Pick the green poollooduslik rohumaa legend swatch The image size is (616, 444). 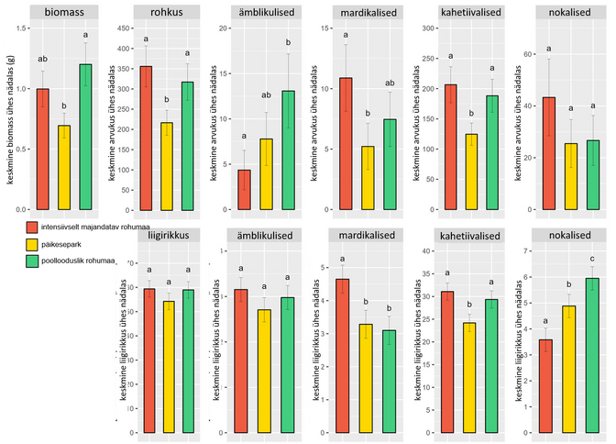point(32,262)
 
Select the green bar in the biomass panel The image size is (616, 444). point(85,138)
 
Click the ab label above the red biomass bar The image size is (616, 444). point(43,60)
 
